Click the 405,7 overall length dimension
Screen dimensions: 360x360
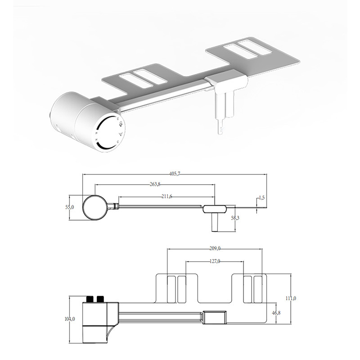pyautogui.click(x=175, y=174)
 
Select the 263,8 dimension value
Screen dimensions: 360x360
pyautogui.click(x=155, y=184)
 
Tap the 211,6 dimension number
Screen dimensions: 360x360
pyautogui.click(x=166, y=197)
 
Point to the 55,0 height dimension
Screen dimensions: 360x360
pyautogui.click(x=70, y=207)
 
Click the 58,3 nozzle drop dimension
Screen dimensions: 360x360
pyautogui.click(x=235, y=218)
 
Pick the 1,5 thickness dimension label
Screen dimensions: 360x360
pyautogui.click(x=261, y=198)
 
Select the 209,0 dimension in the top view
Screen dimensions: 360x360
pyautogui.click(x=215, y=248)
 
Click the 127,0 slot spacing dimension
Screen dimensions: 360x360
pyautogui.click(x=215, y=261)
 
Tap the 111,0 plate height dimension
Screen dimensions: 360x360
pyautogui.click(x=291, y=298)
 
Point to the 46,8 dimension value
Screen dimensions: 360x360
pyautogui.click(x=276, y=313)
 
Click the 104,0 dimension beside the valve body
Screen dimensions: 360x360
pyautogui.click(x=70, y=319)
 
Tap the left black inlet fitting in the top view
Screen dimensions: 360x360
pyautogui.click(x=89, y=299)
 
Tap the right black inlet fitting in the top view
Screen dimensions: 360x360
pyautogui.click(x=100, y=299)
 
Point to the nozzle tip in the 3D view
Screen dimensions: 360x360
pyautogui.click(x=220, y=130)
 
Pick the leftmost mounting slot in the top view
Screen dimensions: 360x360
pyautogui.click(x=171, y=289)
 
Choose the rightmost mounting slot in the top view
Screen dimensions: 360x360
pyautogui.click(x=258, y=289)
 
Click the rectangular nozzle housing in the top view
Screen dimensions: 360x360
pyautogui.click(x=215, y=317)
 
